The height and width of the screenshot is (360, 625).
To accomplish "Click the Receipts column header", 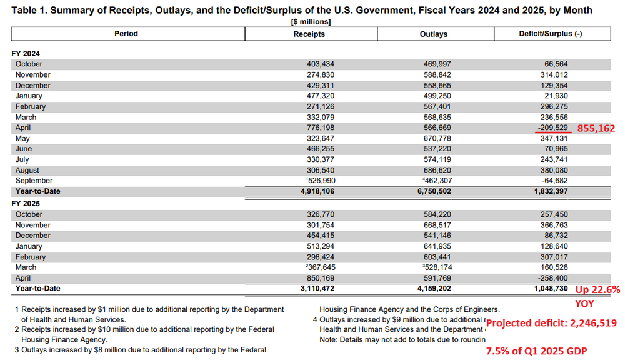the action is coord(309,34).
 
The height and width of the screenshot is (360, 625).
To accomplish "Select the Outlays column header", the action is coord(433,34).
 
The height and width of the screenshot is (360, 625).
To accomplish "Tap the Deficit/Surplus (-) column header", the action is coord(551,34).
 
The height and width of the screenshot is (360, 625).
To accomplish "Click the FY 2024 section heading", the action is coord(26,53).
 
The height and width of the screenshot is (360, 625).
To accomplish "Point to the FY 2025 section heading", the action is coord(26,204).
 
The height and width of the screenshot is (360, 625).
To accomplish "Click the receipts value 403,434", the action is coord(321,64).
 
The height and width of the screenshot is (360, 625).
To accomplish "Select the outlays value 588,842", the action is coord(437,74).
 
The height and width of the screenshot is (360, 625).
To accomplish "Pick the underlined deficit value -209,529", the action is coord(552,127).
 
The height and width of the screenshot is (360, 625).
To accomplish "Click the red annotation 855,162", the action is coord(596,128).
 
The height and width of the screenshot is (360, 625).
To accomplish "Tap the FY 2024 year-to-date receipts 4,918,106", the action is coord(317,191).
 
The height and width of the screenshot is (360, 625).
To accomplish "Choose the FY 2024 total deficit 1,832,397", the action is coord(551,191).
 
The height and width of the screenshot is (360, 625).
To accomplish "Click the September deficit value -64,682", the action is coord(554,181).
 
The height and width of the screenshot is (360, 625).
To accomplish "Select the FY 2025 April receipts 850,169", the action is coord(321,278).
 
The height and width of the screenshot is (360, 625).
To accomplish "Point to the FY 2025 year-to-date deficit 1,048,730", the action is coord(551,289).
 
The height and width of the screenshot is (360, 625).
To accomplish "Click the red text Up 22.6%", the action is coord(597,290).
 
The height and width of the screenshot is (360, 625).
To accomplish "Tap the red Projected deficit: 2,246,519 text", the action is coord(552,323).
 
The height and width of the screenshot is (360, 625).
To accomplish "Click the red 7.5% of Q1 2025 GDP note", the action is coord(536,351).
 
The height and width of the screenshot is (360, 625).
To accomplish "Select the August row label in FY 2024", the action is coord(27,170).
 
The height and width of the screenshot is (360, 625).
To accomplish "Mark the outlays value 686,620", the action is coord(437,170).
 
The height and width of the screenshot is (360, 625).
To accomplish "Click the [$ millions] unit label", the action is coord(311,22).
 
